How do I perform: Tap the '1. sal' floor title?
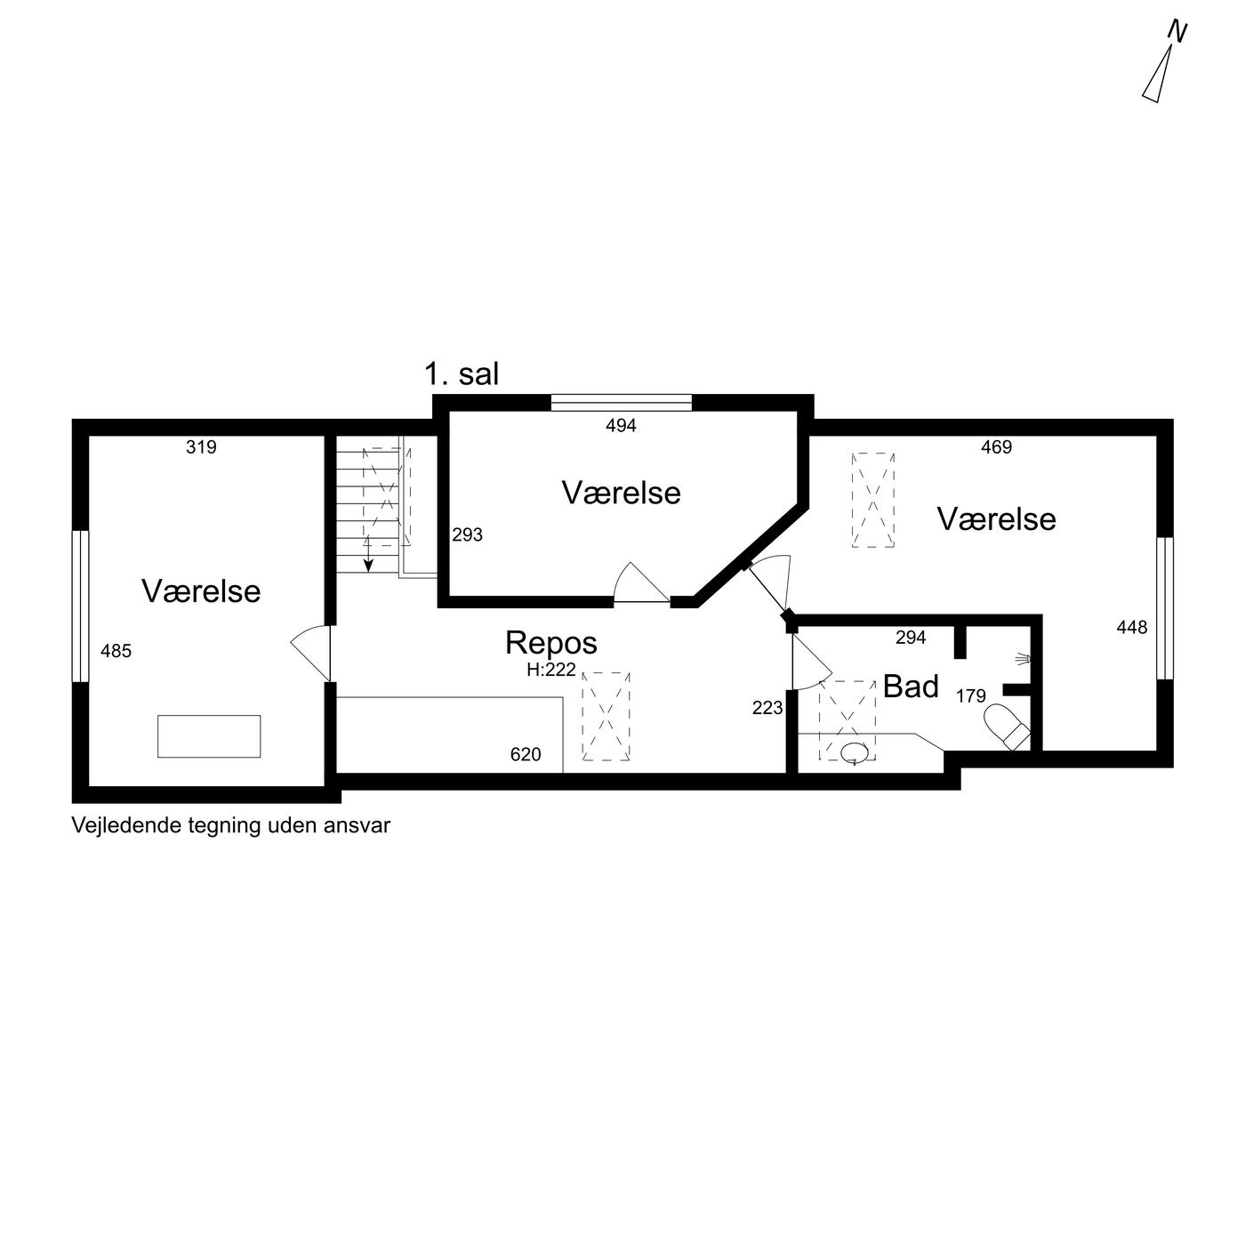click(x=462, y=374)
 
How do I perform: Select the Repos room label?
click(x=551, y=642)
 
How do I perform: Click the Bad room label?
click(x=911, y=687)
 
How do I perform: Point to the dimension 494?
click(x=621, y=425)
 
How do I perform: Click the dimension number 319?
click(x=201, y=446)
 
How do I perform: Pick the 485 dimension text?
click(x=116, y=651)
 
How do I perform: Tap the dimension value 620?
click(x=526, y=754)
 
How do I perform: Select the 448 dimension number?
click(x=1132, y=627)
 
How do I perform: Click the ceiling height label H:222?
click(x=551, y=670)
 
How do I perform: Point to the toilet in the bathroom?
click(x=1007, y=727)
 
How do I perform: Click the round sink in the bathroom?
click(x=854, y=752)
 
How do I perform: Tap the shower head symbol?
click(x=1024, y=659)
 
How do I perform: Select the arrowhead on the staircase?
click(x=368, y=566)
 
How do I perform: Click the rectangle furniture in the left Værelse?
click(x=209, y=736)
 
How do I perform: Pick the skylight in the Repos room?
click(x=606, y=716)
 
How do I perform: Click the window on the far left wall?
click(x=80, y=606)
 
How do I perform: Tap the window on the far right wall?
click(x=1165, y=608)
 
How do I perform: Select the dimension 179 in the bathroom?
click(x=971, y=695)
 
